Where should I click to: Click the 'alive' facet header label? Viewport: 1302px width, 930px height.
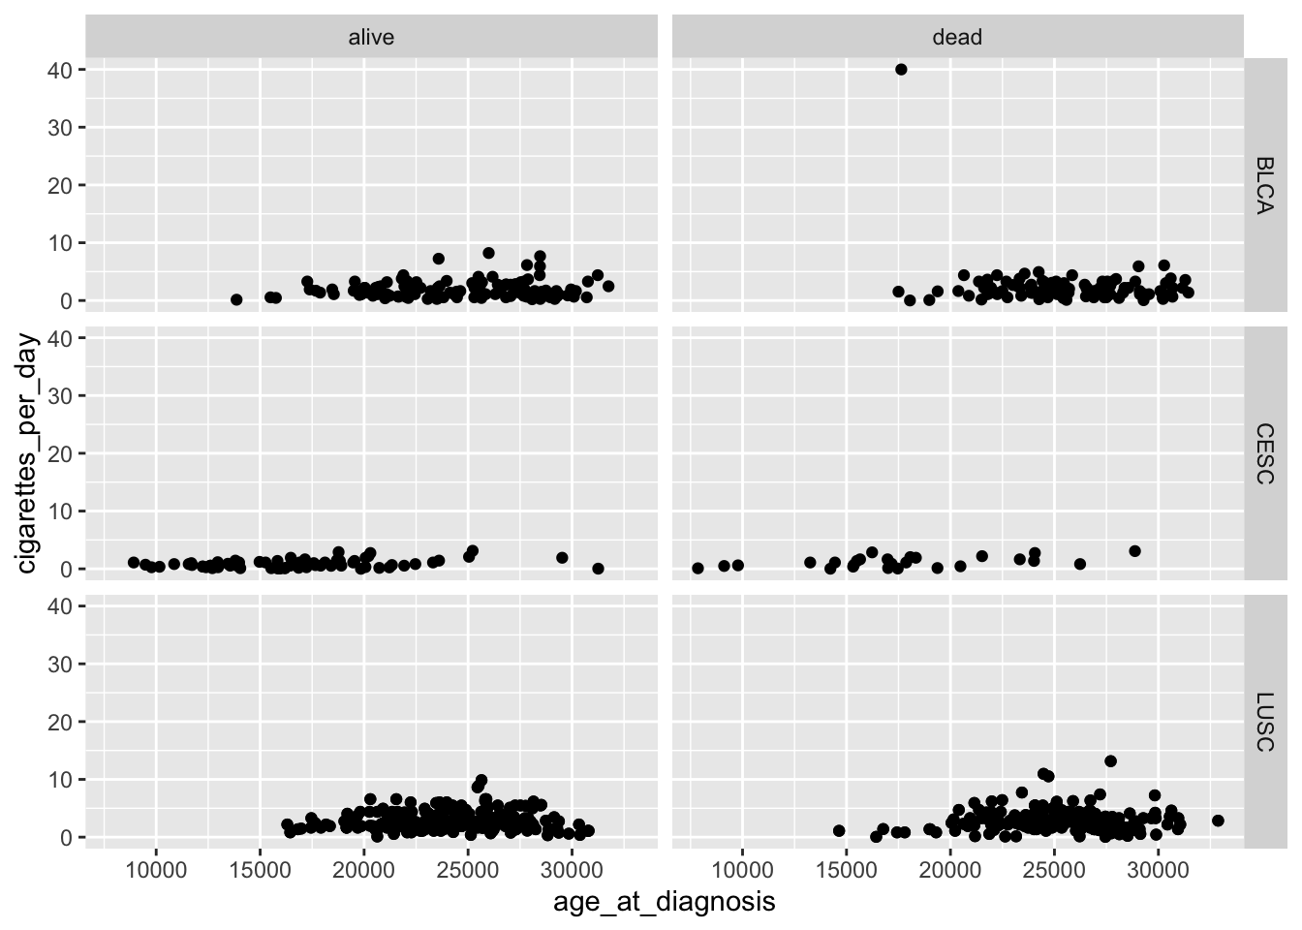(x=371, y=37)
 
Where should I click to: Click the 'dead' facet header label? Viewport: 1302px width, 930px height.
(x=957, y=37)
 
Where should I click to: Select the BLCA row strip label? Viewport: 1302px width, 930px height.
(x=1263, y=185)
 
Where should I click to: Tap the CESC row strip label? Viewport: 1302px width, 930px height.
(x=1263, y=453)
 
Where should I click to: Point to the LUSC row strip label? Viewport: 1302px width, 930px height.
(x=1263, y=722)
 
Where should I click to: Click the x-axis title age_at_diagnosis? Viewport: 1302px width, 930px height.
(x=664, y=903)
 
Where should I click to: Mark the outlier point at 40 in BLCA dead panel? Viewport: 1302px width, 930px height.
(x=901, y=70)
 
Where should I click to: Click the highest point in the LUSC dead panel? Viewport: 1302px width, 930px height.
(x=1110, y=761)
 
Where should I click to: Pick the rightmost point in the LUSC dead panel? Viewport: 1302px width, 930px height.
(x=1218, y=821)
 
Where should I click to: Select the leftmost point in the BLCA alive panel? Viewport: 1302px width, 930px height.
(x=236, y=300)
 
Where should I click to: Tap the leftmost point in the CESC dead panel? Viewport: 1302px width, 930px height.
(x=697, y=569)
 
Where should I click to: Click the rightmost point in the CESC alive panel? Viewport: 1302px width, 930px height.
(x=598, y=569)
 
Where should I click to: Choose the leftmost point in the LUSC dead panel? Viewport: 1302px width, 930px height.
(x=839, y=831)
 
